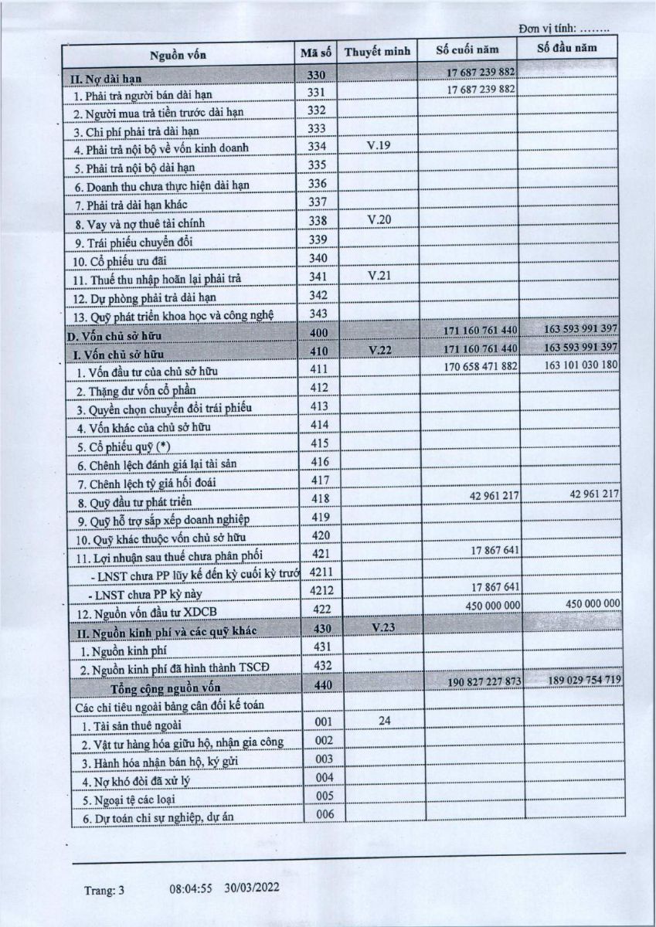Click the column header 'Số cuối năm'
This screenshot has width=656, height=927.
pos(467,50)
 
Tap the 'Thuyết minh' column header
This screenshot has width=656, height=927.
pos(376,52)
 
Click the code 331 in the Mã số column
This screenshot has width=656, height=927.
pos(318,92)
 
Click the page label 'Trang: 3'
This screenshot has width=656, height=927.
pos(104,891)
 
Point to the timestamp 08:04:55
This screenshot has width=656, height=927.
pos(191,889)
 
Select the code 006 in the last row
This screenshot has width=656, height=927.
pos(325,814)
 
